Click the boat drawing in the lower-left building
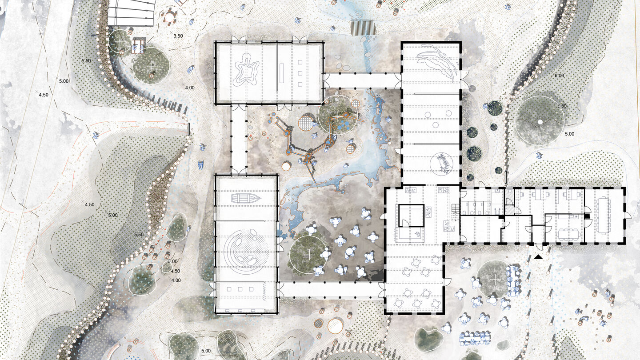(x=246, y=198)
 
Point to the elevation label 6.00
(x=559, y=76)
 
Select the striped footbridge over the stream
(x=363, y=28)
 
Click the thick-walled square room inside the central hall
(x=411, y=216)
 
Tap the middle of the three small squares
(x=300, y=73)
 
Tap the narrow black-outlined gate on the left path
(x=189, y=129)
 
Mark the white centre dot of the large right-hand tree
(x=540, y=122)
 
